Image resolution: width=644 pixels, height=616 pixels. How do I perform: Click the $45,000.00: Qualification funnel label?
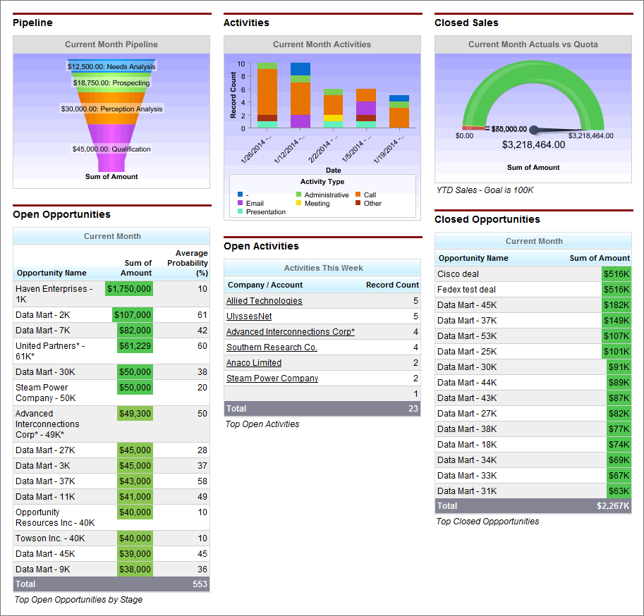111,149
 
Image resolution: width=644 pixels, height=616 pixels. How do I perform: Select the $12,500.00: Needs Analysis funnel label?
111,66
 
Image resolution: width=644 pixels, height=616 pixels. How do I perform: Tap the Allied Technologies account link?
264,301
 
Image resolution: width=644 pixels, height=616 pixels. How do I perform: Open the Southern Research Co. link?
272,347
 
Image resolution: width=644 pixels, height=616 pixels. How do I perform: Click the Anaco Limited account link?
253,363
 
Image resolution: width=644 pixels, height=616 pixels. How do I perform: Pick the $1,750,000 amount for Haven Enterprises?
129,289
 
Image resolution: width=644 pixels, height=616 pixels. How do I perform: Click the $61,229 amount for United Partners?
134,346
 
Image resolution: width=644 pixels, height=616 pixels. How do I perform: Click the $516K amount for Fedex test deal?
616,290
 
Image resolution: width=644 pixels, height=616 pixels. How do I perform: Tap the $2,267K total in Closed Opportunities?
613,506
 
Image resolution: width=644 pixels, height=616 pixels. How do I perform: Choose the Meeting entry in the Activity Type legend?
317,204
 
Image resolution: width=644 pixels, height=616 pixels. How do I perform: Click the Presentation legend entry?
265,212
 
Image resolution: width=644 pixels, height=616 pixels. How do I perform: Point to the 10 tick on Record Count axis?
241,63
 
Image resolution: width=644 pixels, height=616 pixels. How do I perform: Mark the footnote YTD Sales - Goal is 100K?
485,190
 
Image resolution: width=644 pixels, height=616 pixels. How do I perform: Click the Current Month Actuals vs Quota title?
533,44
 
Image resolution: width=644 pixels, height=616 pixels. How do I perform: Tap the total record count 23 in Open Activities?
413,409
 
